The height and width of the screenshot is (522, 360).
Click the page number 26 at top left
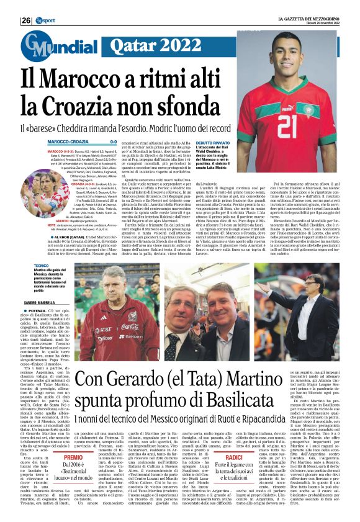pos(25,20)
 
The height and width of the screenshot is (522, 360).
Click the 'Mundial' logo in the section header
pos(50,46)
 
